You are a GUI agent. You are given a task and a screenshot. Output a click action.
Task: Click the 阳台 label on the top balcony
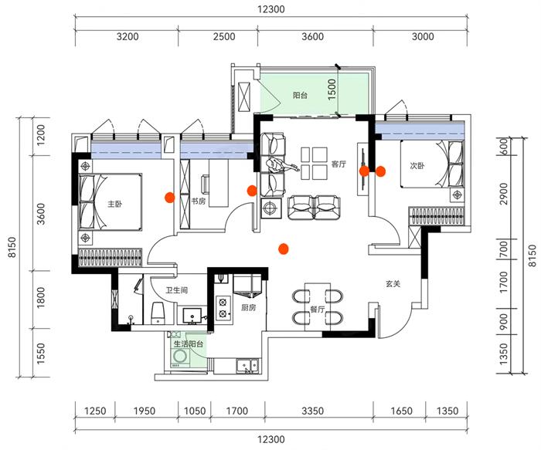point(301,96)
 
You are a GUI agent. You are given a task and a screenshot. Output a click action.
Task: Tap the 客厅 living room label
point(339,164)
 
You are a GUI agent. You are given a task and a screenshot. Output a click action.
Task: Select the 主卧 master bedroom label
point(114,205)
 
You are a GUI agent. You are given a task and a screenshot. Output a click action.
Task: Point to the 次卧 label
point(417,164)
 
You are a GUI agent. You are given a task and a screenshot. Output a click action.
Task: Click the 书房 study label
point(199,201)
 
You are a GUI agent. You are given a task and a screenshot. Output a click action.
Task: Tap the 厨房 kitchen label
point(248,307)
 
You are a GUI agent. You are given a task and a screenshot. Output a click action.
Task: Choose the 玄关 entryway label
point(393,283)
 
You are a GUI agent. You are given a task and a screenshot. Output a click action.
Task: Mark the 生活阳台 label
point(188,344)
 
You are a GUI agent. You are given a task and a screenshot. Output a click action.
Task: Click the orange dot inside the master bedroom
point(168,197)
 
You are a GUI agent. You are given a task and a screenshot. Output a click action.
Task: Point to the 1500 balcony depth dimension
point(332,90)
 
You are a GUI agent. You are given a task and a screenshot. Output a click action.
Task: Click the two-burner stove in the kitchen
point(223,308)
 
